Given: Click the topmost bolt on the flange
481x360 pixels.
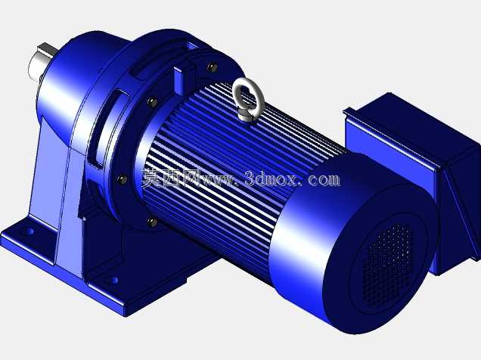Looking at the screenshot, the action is [x=213, y=67].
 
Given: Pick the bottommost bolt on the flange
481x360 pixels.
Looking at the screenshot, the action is [x=152, y=222].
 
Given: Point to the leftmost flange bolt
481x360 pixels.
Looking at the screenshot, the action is [x=122, y=178].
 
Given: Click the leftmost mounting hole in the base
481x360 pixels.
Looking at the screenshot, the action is [x=29, y=231].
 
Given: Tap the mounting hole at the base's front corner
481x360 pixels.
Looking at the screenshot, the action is [x=113, y=280].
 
